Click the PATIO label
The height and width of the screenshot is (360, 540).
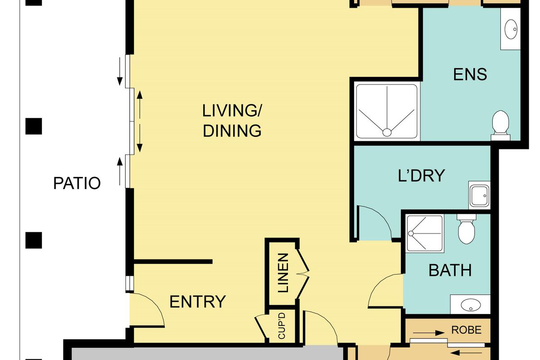77,183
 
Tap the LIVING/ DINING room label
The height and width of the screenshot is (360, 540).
232,121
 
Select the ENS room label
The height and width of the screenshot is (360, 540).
470,74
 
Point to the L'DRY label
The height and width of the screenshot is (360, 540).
421,175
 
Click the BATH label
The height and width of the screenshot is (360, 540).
450,270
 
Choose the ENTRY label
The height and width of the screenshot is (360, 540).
198,301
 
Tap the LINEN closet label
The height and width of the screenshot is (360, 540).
283,273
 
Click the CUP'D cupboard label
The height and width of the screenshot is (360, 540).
282,326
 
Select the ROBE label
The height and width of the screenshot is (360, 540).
466,330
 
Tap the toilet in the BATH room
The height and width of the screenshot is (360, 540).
467,229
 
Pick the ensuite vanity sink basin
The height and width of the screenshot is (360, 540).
511,29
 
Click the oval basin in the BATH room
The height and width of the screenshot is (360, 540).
471,305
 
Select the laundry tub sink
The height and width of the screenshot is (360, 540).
480,195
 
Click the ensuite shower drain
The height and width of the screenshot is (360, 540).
387,132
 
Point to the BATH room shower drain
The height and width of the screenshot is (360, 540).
411,234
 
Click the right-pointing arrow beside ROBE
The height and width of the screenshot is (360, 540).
429,333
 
